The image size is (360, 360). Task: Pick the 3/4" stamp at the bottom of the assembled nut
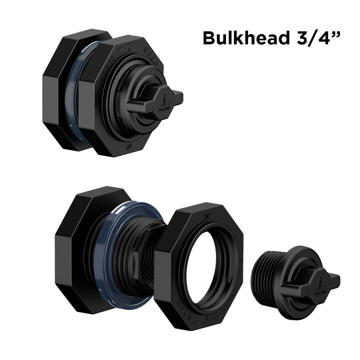coord(129,146)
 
